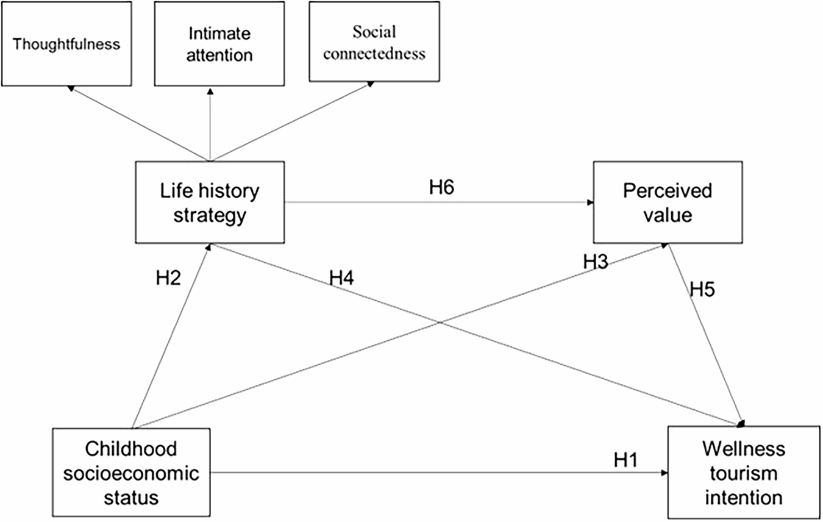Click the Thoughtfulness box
point(66,43)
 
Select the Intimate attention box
point(210,43)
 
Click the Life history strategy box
point(210,202)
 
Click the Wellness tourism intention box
point(743,473)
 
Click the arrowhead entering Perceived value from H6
point(590,203)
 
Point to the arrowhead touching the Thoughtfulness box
point(71,88)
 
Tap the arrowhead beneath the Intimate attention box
point(210,89)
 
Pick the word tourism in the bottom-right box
point(743,473)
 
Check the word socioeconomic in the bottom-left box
point(131,473)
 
